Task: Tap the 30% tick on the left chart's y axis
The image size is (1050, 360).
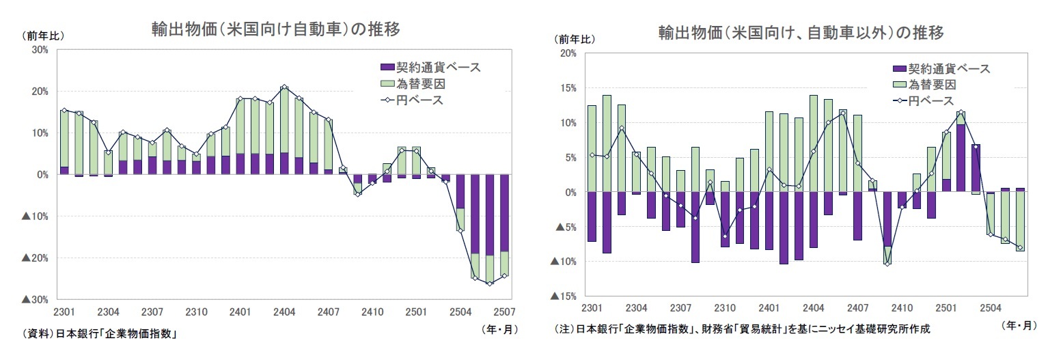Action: click(38, 50)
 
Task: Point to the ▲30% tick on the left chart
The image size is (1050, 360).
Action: click(35, 300)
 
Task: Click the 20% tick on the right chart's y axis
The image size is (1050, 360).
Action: click(568, 53)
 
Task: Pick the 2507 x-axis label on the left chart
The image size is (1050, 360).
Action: click(504, 311)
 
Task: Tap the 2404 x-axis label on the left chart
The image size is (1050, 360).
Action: click(284, 311)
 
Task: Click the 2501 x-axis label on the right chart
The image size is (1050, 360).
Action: click(945, 308)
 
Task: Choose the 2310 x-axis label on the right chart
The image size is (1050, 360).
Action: click(725, 308)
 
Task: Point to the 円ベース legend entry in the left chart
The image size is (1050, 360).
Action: click(411, 100)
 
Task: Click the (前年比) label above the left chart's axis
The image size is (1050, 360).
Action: click(43, 36)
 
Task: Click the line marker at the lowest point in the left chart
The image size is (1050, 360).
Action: click(490, 283)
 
